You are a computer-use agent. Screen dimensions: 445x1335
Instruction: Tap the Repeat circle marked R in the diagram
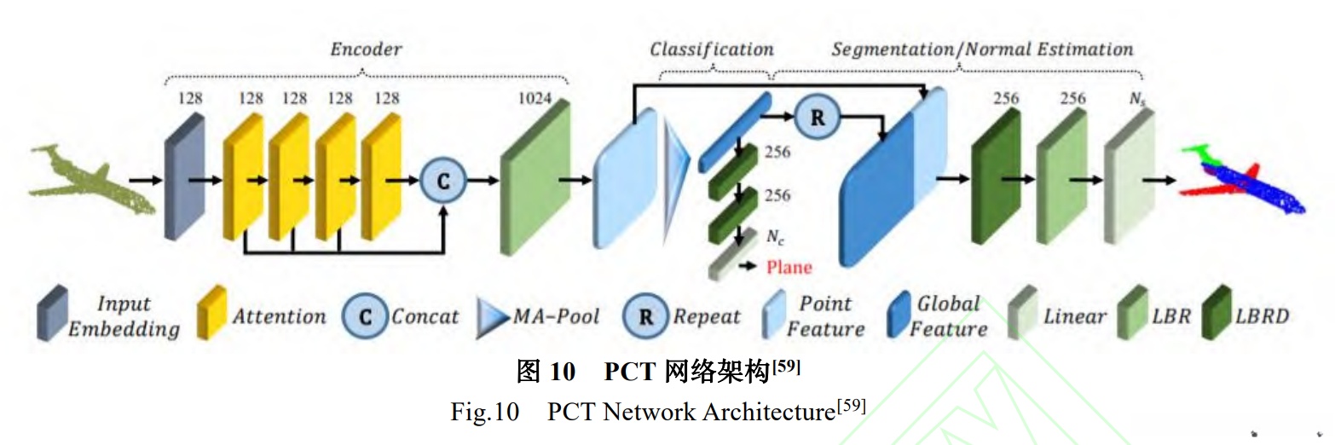tap(818, 118)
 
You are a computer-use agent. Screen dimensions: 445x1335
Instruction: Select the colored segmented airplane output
tap(1244, 180)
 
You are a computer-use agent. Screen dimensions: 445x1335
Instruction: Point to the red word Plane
tap(789, 268)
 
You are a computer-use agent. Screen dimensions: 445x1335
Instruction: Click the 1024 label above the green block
tap(535, 99)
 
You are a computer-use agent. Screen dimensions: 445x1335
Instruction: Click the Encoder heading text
tap(366, 49)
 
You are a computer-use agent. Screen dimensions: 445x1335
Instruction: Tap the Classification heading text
tap(712, 49)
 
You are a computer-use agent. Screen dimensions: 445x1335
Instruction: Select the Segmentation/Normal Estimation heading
tap(982, 49)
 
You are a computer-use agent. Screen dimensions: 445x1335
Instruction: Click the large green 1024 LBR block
tap(535, 179)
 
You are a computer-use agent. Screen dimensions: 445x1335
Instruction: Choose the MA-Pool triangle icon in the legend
tap(492, 318)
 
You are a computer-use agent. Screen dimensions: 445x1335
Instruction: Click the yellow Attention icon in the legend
tap(212, 314)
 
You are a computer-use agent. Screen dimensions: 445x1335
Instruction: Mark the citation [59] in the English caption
tap(850, 407)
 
